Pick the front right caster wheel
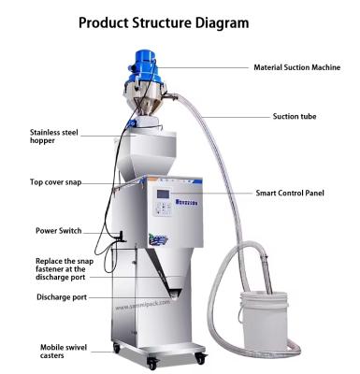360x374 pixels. [200, 353]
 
